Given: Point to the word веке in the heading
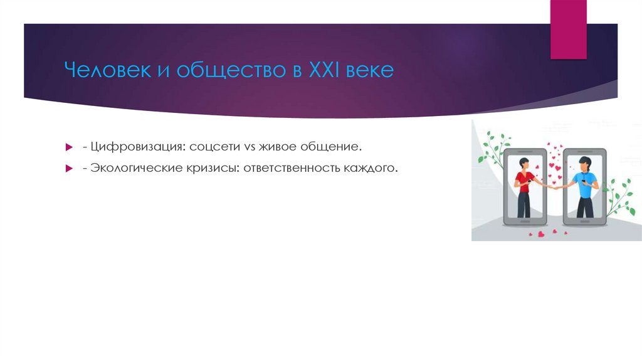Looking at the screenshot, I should coord(370,70).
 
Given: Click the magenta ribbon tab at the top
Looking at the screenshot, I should coord(568,29).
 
